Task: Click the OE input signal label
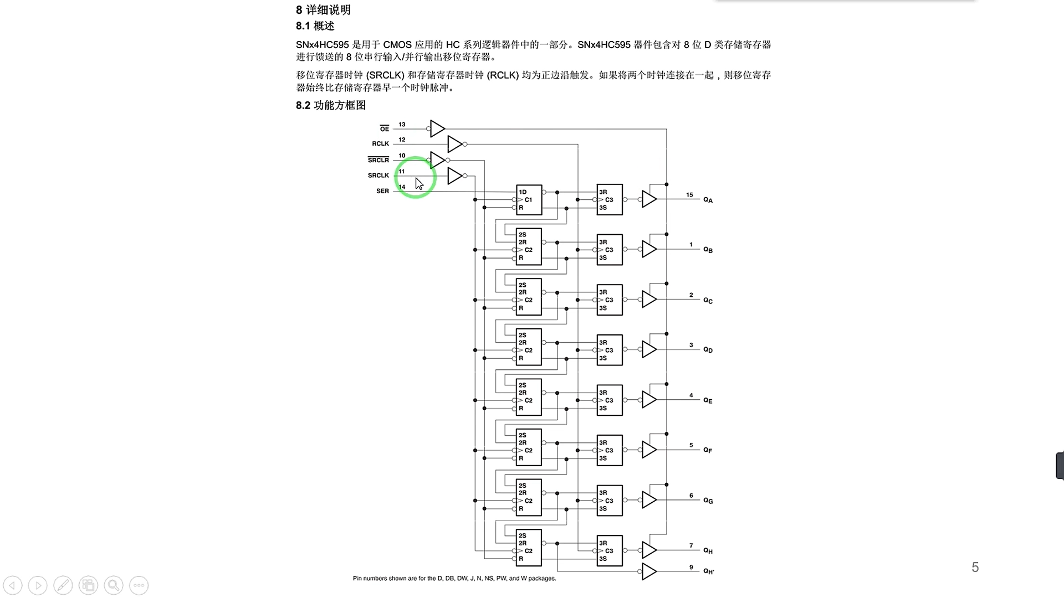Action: [x=385, y=129]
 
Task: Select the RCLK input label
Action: [x=381, y=144]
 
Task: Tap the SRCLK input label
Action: [x=378, y=176]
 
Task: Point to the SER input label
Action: [x=383, y=191]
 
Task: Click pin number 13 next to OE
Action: [x=402, y=125]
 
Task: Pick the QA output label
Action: [x=708, y=200]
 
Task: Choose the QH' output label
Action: [x=708, y=571]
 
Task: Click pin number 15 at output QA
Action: [x=689, y=195]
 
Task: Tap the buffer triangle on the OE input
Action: [x=437, y=129]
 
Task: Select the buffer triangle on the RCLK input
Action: [x=454, y=144]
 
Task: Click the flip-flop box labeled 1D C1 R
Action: [x=529, y=200]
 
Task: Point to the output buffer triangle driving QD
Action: [x=648, y=349]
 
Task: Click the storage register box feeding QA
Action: [x=610, y=200]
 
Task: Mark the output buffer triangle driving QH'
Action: [x=648, y=571]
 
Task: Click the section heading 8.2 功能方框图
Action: [x=331, y=105]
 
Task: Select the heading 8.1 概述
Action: [x=315, y=26]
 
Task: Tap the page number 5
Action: [x=975, y=567]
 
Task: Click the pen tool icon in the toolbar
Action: [x=63, y=585]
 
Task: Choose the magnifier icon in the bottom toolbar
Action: [x=114, y=585]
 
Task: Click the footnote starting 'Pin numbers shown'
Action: [x=454, y=579]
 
